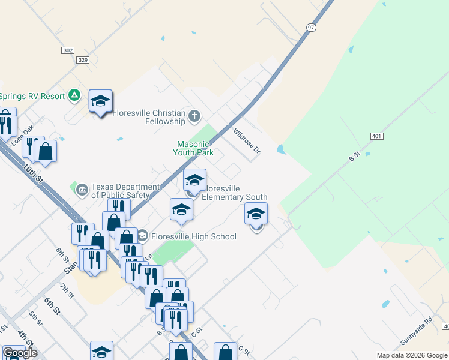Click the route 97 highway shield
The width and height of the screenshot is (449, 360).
(310, 28)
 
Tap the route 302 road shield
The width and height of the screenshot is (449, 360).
(67, 51)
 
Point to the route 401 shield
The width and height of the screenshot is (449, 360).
(376, 136)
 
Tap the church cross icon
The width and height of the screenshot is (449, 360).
(194, 116)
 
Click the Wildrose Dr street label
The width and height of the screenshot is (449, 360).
(247, 141)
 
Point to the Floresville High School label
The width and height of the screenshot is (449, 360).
(193, 236)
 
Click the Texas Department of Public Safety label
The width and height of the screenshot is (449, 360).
(125, 191)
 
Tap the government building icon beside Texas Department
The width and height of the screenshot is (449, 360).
(82, 190)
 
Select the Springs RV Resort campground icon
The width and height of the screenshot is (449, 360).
(74, 95)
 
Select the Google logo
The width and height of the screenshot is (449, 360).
(20, 353)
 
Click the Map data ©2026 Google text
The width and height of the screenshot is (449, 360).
(411, 355)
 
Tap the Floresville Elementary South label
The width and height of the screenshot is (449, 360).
(234, 193)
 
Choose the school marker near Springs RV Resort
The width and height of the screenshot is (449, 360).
(100, 101)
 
